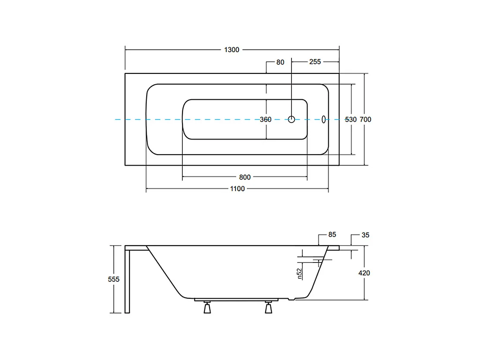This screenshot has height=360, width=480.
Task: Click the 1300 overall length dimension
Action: [x=231, y=50]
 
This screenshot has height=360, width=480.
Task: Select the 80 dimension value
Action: [x=280, y=62]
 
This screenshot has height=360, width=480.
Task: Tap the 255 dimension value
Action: [x=315, y=62]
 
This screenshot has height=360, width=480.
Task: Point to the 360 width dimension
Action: [x=266, y=120]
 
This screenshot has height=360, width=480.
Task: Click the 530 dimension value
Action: [x=351, y=120]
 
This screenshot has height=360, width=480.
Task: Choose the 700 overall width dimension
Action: [x=366, y=120]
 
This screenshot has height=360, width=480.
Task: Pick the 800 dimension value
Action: [x=245, y=177]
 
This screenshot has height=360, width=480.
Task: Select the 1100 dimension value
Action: [x=237, y=189]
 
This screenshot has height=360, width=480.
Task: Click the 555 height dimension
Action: [x=113, y=279]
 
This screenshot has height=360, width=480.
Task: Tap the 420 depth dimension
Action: [x=364, y=273]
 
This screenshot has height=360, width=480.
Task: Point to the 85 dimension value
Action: [x=332, y=235]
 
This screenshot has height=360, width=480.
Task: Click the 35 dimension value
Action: [x=366, y=235]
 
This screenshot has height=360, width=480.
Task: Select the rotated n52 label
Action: [x=299, y=273]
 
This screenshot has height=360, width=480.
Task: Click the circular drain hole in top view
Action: [x=292, y=120]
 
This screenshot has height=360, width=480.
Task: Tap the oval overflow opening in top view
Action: [x=324, y=120]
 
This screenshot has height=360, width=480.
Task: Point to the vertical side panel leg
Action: [x=127, y=281]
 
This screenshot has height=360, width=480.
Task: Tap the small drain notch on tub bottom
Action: [x=294, y=299]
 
